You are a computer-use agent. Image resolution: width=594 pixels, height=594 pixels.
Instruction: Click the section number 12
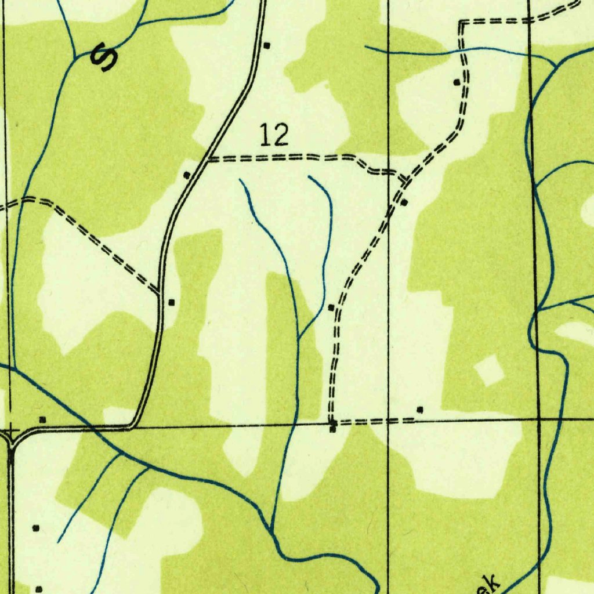click(x=274, y=136)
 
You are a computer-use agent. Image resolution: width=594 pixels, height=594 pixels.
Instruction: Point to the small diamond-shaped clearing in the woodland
click(x=488, y=371)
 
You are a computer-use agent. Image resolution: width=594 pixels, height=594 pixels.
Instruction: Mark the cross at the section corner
click(x=11, y=431)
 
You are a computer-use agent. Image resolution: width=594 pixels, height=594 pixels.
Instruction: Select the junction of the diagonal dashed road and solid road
click(x=159, y=291)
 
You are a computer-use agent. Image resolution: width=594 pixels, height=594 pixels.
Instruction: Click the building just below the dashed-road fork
click(x=404, y=202)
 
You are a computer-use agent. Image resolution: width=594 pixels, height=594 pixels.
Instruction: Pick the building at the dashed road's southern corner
click(x=333, y=429)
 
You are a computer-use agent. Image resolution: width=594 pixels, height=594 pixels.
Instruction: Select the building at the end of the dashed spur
click(x=419, y=410)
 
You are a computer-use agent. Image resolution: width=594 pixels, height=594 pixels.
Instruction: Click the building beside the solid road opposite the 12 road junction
click(x=187, y=175)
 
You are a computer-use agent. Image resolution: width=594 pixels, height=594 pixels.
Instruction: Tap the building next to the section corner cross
click(x=42, y=419)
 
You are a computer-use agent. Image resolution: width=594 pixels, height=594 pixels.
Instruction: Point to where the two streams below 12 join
click(x=298, y=339)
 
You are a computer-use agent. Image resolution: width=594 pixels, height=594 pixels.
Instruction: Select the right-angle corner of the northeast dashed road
click(x=462, y=23)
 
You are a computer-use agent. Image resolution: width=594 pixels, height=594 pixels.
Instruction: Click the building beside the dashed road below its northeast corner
click(x=457, y=82)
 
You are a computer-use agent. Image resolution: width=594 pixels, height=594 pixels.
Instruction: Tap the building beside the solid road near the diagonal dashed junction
click(x=171, y=302)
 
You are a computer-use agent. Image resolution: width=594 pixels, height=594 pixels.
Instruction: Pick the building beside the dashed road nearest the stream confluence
click(x=331, y=307)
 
